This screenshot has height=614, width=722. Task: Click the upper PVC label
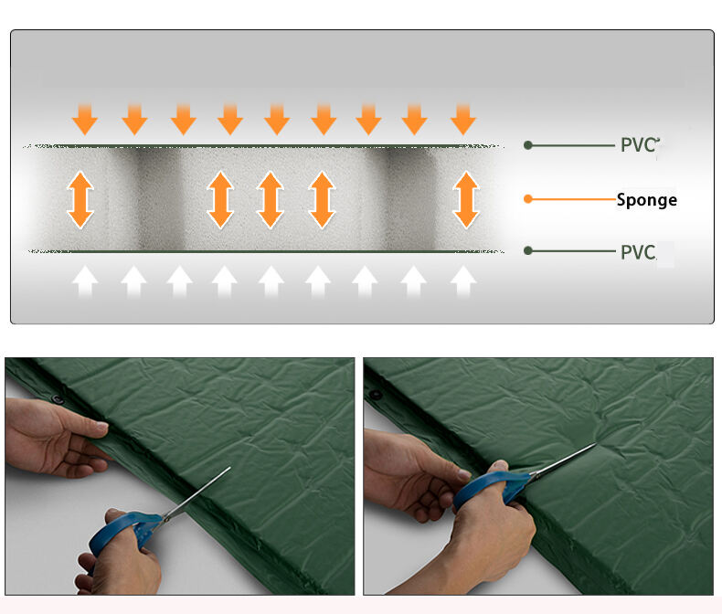pos(638,144)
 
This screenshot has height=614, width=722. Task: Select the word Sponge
pos(646,199)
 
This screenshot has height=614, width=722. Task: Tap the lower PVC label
pos(638,252)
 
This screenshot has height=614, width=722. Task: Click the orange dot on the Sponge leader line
pos(527,198)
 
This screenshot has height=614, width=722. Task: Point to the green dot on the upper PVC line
pos(527,144)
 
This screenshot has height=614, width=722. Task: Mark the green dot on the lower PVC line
pos(527,251)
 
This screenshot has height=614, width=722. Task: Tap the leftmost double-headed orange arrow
pos(81,200)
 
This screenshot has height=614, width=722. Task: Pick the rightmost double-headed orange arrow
pos(466,200)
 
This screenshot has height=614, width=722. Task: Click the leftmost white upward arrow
pos(86,281)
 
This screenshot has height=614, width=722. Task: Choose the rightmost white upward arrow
pos(463,281)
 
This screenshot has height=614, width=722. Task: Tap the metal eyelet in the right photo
pos(375,395)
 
